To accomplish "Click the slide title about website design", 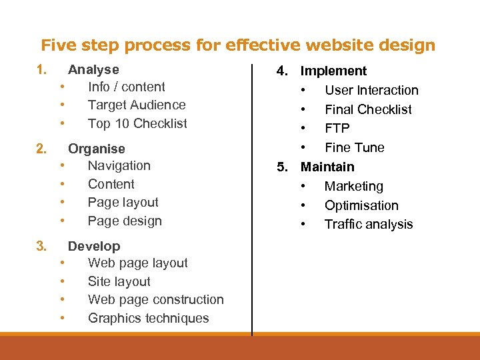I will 238,45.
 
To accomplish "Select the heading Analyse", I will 93,69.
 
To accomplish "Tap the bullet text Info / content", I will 126,87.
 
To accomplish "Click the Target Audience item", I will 137,105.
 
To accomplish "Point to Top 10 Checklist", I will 137,123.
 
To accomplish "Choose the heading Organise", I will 96,149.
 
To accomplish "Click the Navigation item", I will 119,166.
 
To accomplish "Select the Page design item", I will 125,221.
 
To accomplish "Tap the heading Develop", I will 94,246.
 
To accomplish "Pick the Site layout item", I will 119,281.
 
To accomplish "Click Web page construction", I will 155,300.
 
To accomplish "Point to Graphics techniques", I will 148,319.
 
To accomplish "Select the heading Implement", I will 333,71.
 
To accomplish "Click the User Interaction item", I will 371,90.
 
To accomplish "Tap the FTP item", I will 337,128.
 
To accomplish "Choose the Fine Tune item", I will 354,147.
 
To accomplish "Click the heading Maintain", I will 327,167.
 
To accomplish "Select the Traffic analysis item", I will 368,225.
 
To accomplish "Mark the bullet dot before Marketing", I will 303,187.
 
